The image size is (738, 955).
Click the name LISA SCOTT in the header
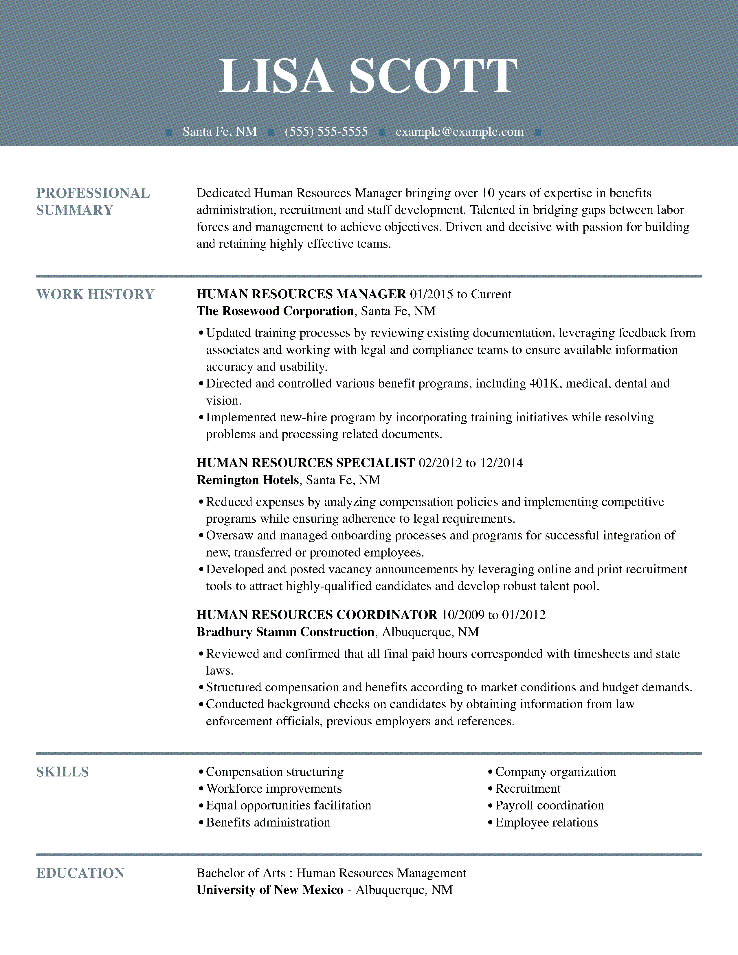tap(368, 76)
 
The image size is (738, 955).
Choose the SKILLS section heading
tap(63, 772)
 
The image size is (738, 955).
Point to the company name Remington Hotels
tap(247, 480)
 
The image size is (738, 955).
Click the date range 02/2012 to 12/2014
tap(470, 463)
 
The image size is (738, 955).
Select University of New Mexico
tap(270, 890)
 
